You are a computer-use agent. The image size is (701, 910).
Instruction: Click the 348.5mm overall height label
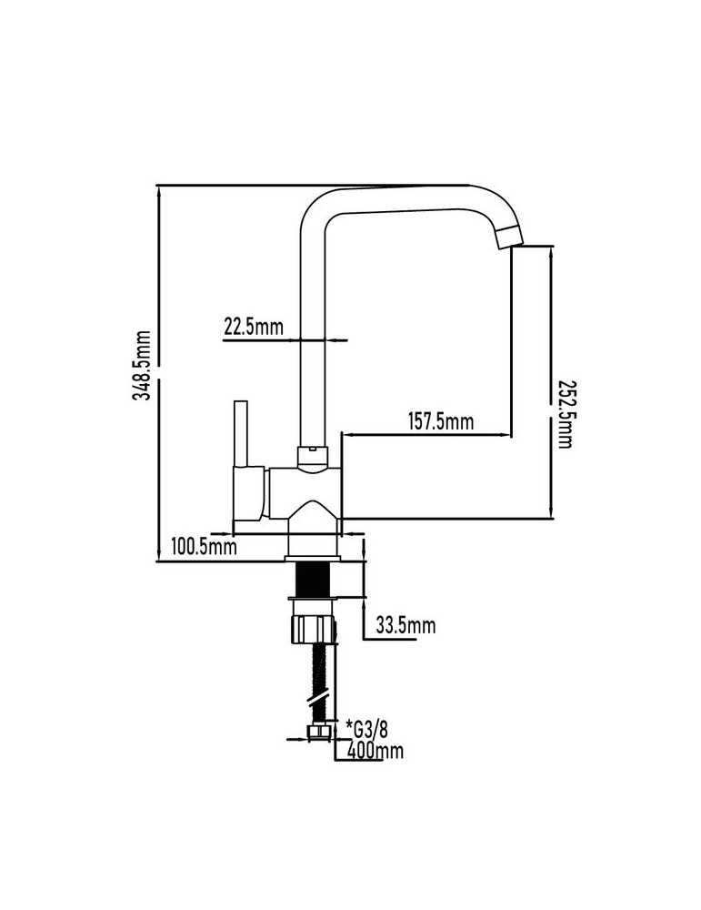pos(142,365)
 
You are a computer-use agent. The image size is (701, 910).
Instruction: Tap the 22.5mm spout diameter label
pos(254,327)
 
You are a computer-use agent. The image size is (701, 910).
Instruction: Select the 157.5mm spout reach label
pos(441,421)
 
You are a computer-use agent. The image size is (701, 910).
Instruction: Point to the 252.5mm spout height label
pos(566,414)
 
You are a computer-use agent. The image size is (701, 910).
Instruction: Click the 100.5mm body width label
pos(204,545)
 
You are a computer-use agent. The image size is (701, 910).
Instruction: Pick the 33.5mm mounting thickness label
pos(406,626)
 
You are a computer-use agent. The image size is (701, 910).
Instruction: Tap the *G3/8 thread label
pos(366,728)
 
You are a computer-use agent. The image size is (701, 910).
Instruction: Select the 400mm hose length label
pos(375,751)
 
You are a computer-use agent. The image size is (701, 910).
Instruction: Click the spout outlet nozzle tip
pos(510,237)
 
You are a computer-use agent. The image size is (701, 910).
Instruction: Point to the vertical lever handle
pos(242,433)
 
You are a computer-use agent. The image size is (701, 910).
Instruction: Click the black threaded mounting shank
pos(313,579)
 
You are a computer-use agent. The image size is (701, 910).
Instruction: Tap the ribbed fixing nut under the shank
pos(313,630)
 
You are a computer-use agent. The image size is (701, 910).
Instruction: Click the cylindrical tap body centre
pos(305,493)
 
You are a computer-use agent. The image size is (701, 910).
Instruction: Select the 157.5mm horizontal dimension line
pos(427,434)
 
